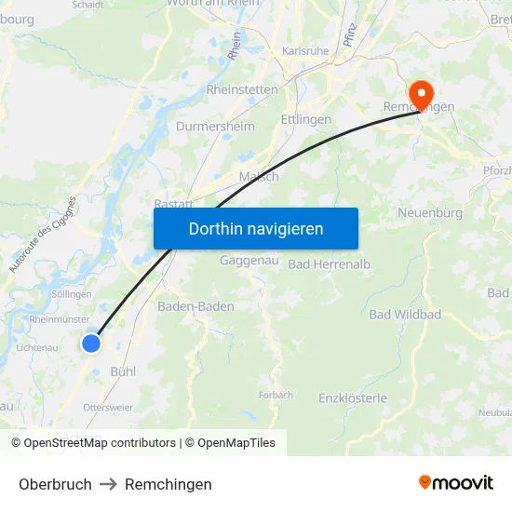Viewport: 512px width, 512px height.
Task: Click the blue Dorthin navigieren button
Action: click(256, 228)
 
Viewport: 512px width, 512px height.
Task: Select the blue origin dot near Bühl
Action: click(91, 344)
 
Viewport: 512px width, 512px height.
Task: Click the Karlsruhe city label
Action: click(305, 51)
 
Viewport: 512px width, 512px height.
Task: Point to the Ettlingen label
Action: click(305, 119)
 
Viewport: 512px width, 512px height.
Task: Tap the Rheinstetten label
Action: click(241, 90)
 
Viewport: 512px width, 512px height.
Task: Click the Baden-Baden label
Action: click(195, 306)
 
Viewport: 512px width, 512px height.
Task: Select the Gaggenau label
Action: click(249, 261)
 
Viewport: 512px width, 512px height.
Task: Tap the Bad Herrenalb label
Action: click(330, 264)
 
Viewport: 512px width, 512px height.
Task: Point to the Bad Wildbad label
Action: click(405, 315)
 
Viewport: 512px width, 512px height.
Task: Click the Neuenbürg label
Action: click(430, 213)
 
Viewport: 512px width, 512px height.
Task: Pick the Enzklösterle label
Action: click(353, 398)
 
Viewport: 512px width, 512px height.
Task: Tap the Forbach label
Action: click(276, 396)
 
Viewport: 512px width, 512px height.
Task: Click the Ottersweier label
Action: click(108, 408)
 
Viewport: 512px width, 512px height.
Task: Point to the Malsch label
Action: click(259, 177)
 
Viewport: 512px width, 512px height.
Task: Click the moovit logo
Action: click(456, 482)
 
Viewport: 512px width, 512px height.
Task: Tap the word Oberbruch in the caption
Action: click(55, 484)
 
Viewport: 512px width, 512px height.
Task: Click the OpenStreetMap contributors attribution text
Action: click(100, 443)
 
